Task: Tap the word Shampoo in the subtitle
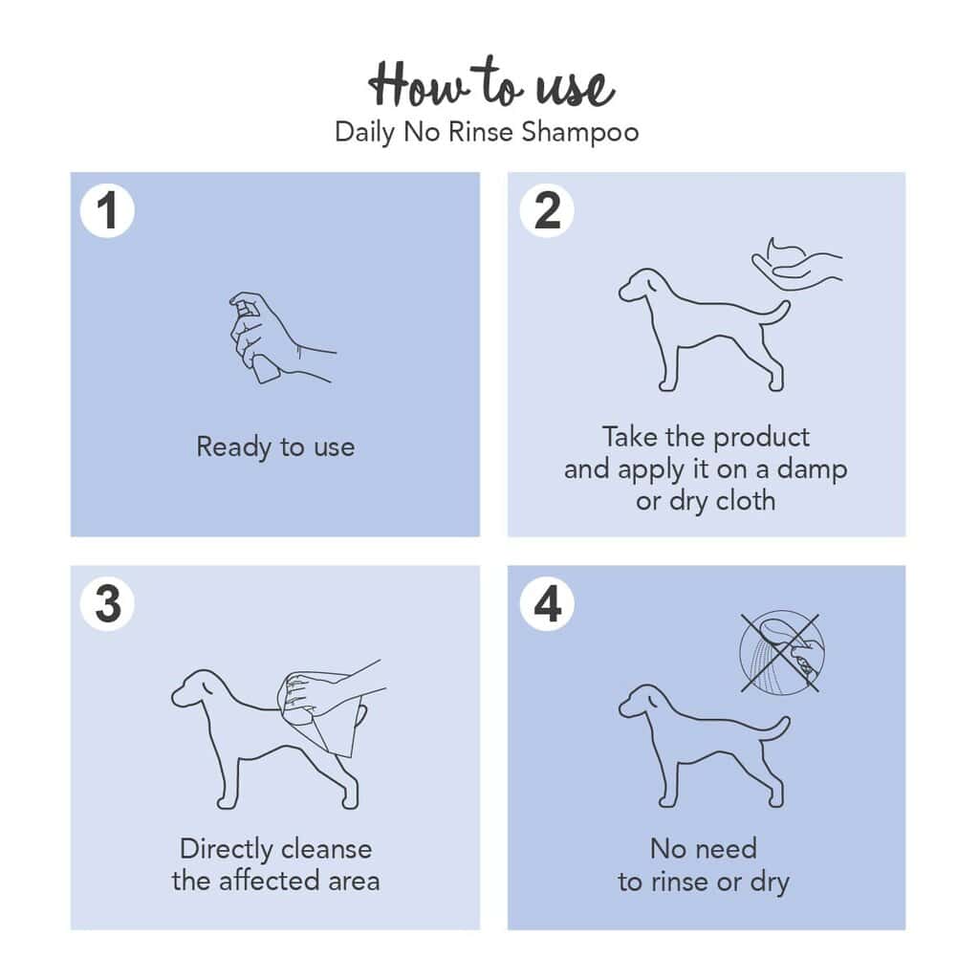pyautogui.click(x=580, y=132)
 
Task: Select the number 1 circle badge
pyautogui.click(x=107, y=210)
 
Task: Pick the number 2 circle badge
pyautogui.click(x=547, y=210)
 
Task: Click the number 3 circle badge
pyautogui.click(x=107, y=604)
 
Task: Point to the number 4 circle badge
pyautogui.click(x=547, y=604)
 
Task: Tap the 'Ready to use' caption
pyautogui.click(x=275, y=447)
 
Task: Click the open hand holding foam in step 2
pyautogui.click(x=796, y=264)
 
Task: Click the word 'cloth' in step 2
pyautogui.click(x=746, y=501)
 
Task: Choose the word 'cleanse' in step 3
pyautogui.click(x=326, y=849)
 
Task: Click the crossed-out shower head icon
pyautogui.click(x=781, y=652)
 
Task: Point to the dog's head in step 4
pyautogui.click(x=642, y=703)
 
